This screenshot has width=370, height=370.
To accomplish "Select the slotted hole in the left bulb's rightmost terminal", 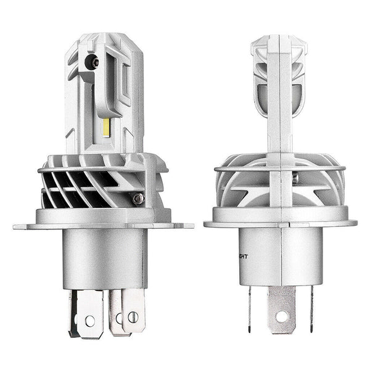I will (x=132, y=319).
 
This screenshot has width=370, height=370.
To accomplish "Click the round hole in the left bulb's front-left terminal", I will (x=90, y=321).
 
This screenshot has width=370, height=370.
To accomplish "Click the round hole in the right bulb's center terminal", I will (x=282, y=316).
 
